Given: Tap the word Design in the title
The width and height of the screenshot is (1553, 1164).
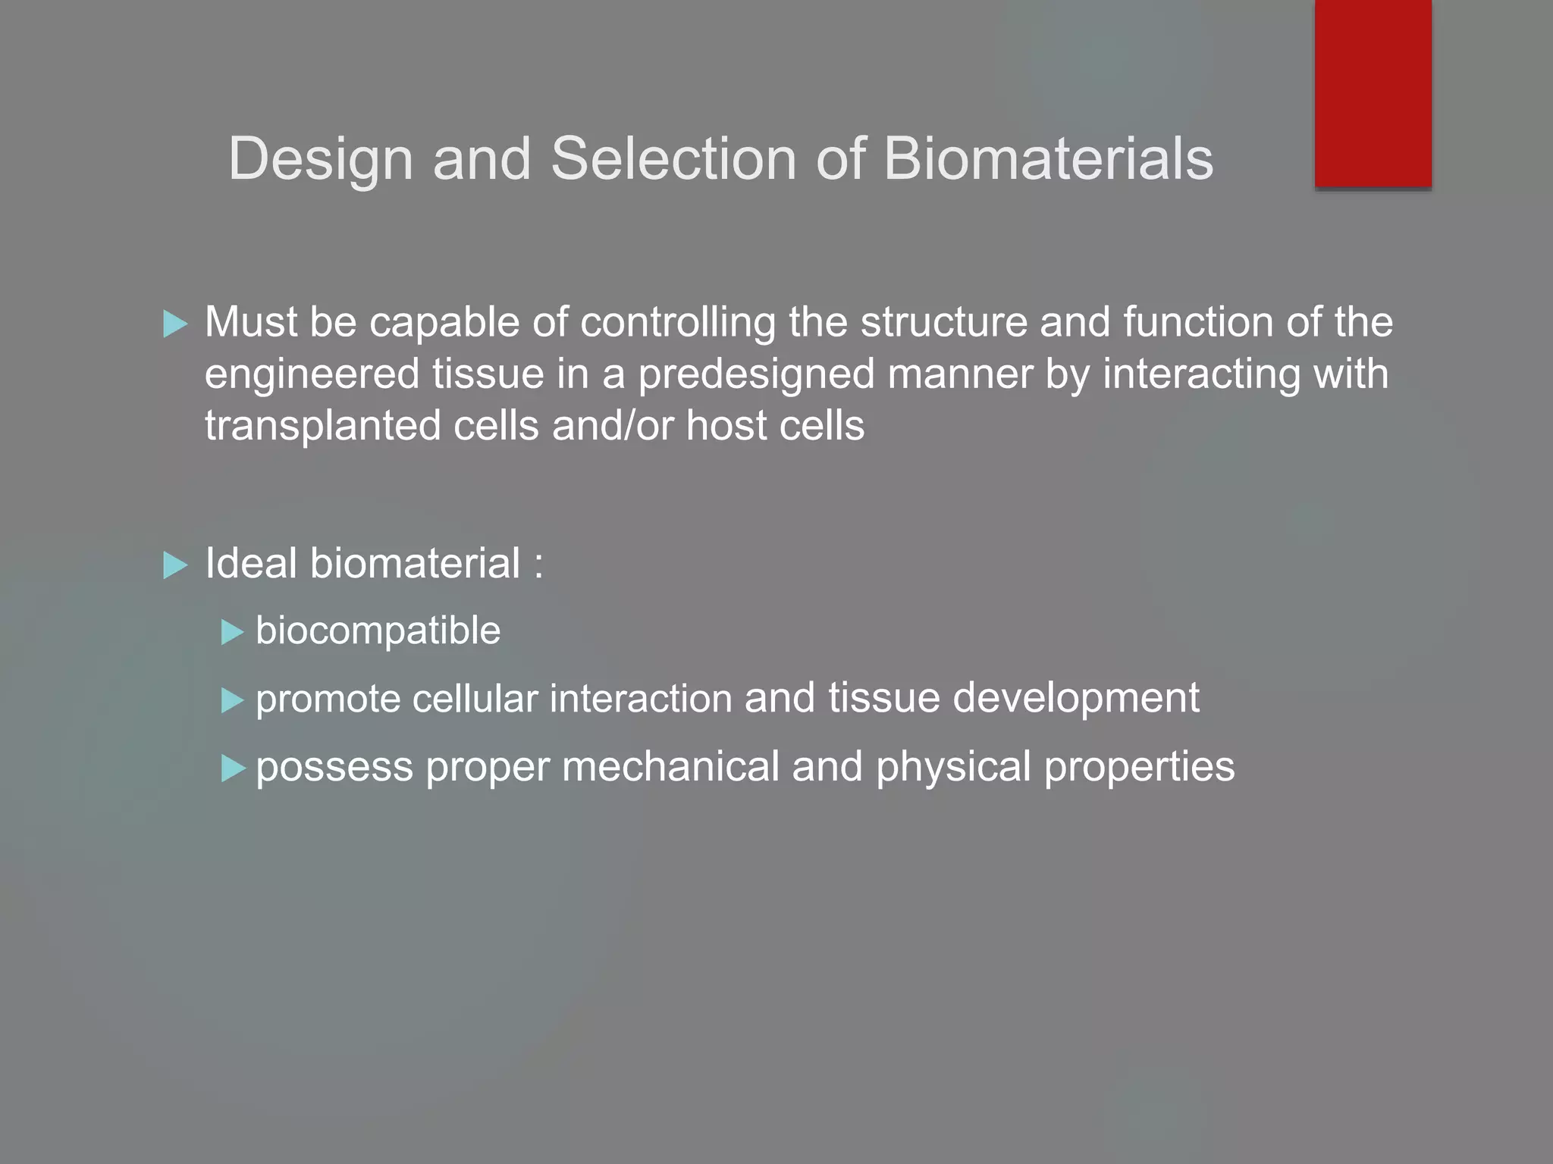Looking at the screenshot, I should click(321, 160).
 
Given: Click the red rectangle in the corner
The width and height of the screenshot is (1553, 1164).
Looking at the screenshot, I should click(1373, 92).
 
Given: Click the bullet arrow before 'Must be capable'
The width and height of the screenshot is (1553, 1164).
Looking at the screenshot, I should click(175, 324).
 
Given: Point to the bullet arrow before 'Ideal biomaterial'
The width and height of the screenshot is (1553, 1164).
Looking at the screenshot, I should click(175, 565).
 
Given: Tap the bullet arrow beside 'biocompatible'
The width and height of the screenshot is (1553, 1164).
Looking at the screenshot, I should click(232, 632).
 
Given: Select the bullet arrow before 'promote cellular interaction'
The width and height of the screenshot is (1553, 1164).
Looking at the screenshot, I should click(232, 700).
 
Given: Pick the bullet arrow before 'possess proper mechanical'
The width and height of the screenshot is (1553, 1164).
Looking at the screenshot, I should click(232, 768).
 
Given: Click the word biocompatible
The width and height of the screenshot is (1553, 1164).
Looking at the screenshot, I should click(378, 630).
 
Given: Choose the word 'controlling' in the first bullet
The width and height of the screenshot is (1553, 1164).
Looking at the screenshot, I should click(678, 323).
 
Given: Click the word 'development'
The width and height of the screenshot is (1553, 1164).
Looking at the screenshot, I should click(1076, 698).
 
